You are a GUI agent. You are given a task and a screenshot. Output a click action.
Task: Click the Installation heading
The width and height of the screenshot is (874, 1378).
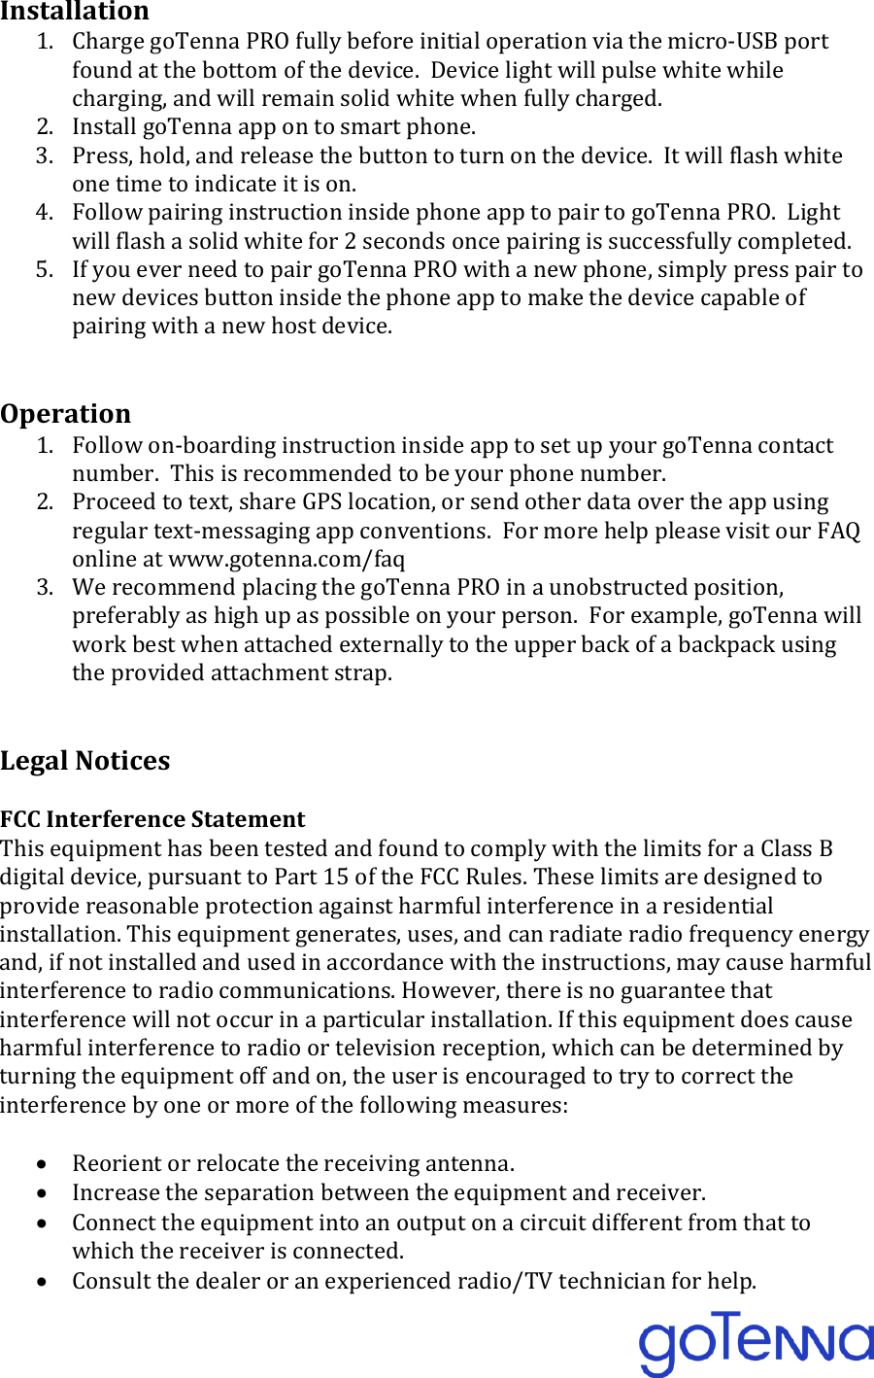click(x=75, y=12)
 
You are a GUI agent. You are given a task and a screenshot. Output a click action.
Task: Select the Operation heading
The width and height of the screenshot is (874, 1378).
click(x=65, y=414)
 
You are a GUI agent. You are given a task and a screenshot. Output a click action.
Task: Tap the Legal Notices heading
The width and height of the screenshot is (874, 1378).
click(x=84, y=761)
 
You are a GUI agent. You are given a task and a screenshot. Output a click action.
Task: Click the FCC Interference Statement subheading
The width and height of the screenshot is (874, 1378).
click(x=152, y=819)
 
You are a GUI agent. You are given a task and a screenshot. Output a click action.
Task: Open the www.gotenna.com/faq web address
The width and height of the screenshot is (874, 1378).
click(x=286, y=559)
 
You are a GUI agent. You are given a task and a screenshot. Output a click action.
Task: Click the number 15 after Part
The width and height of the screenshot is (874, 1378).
click(x=336, y=877)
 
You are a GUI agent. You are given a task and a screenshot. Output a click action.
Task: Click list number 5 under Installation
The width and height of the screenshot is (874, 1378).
click(x=44, y=269)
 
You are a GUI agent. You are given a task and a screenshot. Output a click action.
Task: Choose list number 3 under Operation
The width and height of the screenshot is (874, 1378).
click(x=44, y=587)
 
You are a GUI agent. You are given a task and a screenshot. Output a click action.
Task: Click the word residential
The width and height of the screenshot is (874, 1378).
click(x=712, y=906)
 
